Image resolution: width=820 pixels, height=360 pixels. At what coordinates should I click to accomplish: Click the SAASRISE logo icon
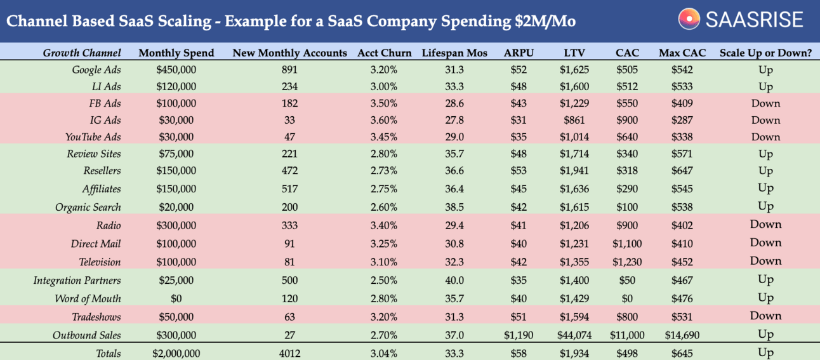tap(689, 19)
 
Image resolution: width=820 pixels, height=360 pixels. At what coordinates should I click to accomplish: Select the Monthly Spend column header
tap(176, 53)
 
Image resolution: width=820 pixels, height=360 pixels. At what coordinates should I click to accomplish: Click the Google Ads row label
tap(96, 70)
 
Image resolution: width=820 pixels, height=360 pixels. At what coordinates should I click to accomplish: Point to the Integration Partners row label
tap(77, 280)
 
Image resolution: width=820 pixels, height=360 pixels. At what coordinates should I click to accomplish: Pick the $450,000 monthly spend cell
tap(176, 70)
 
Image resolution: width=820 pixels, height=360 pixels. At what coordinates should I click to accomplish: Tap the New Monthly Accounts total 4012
tap(289, 353)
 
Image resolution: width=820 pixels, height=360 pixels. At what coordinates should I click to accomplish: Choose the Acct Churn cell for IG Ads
tap(384, 120)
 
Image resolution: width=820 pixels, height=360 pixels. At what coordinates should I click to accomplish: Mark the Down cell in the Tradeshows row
tap(765, 316)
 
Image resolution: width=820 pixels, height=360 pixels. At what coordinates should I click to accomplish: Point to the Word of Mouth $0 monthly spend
tap(176, 298)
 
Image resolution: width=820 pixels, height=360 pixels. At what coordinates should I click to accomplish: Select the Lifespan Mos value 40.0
tap(454, 280)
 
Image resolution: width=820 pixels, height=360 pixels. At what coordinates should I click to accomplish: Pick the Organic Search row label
tap(88, 207)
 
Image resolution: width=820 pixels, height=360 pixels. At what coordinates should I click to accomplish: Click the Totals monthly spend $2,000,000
tap(176, 353)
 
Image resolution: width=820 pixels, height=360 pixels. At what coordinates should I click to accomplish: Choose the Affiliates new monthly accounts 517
tap(289, 189)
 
